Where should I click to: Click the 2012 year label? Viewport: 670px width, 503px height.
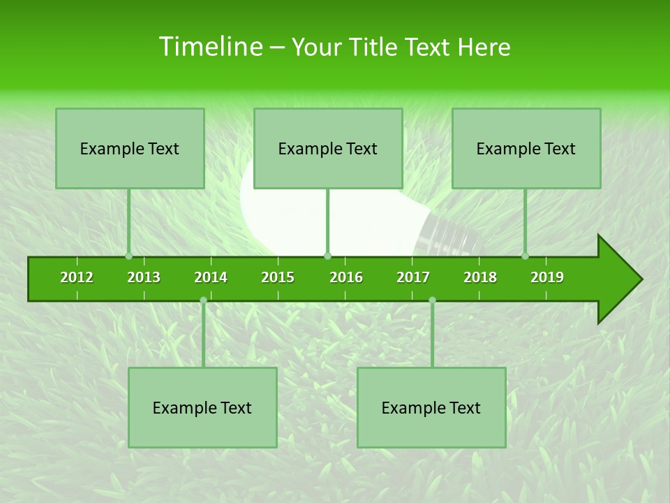click(x=77, y=277)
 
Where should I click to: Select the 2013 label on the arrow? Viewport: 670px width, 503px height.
click(x=144, y=277)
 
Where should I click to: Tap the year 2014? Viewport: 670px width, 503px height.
click(x=211, y=277)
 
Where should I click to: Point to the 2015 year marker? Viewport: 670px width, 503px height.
click(x=278, y=277)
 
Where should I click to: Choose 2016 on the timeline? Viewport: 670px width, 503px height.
click(x=346, y=277)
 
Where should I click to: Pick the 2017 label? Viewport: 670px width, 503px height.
click(x=413, y=277)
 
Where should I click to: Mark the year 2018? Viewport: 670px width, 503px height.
click(x=480, y=277)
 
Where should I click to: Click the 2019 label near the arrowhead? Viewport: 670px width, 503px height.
click(x=547, y=277)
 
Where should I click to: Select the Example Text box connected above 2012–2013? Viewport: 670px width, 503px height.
click(x=130, y=148)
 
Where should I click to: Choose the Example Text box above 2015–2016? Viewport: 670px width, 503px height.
click(x=328, y=148)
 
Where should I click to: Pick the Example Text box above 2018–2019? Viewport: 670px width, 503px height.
click(x=526, y=148)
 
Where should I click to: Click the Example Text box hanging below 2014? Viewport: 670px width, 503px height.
click(x=202, y=407)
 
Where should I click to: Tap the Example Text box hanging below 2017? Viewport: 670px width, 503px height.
click(x=431, y=407)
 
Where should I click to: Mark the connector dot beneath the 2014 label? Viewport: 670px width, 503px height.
click(x=203, y=300)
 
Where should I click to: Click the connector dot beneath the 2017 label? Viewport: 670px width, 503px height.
click(x=432, y=300)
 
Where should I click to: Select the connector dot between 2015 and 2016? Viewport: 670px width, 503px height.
click(x=327, y=256)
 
